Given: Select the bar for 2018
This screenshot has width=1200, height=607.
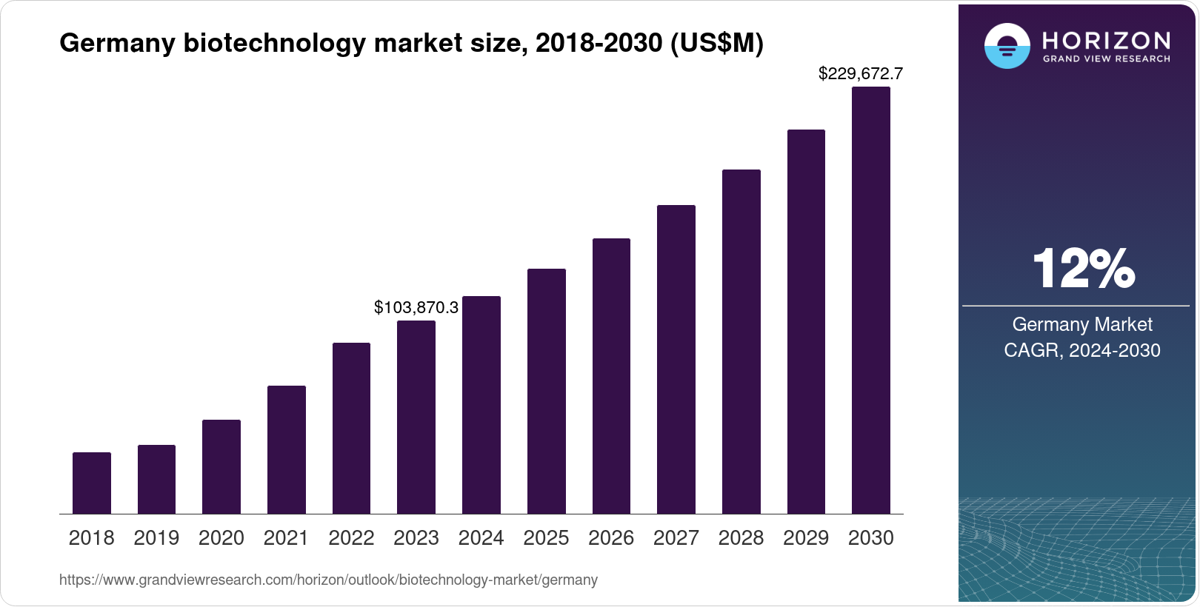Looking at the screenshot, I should pos(92,483).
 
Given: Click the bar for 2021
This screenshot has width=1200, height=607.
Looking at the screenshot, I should pos(287,449).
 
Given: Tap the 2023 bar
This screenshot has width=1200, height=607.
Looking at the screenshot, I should pos(416,417).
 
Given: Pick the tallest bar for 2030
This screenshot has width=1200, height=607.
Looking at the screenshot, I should pos(871,300).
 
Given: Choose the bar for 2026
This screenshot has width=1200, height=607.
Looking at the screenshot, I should pos(611,376).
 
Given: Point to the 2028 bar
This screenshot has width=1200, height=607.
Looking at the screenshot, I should pos(741,341).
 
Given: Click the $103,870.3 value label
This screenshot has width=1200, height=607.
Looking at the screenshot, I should pos(416,307).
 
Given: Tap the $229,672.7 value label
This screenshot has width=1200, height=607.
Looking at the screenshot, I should pos(861,73).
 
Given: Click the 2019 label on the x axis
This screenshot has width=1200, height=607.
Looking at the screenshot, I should pos(156,538).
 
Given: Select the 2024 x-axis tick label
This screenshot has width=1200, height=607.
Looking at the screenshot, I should pos(481,538).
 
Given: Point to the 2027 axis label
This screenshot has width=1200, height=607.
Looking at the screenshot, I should pos(676,538).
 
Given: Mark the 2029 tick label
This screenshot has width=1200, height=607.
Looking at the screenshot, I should pos(806,538).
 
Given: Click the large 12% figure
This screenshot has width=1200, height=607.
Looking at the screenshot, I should pos(1083,269).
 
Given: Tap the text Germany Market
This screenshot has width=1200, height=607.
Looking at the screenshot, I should pos(1082,324).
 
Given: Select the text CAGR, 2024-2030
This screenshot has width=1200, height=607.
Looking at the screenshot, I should pos(1082,350).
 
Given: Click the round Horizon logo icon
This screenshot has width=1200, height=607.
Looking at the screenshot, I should pos(1007,46).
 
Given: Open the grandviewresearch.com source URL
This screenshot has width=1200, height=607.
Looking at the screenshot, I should pos(328,580).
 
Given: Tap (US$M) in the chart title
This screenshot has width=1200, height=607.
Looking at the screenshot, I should pos(716,43).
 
